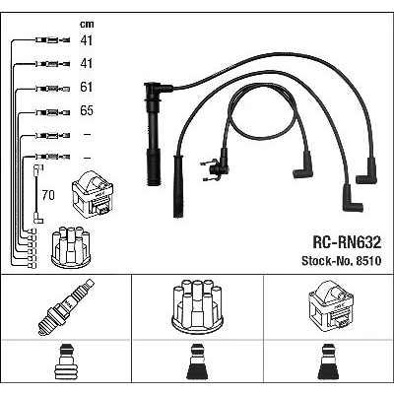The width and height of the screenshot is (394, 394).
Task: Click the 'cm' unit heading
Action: coord(87,24)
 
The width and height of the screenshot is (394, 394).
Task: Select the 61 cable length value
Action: coord(87,87)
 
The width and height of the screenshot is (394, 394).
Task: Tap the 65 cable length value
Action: coord(87,110)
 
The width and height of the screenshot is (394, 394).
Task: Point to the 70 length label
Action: coord(48,195)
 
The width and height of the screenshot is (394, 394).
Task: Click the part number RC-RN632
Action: coord(347,242)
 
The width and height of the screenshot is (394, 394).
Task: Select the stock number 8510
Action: coord(367,261)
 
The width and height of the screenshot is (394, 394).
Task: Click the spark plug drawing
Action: coord(66,306)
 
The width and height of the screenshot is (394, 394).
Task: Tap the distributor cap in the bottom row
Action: coord(197,306)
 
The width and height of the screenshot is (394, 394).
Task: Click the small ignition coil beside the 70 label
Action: coord(93,194)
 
